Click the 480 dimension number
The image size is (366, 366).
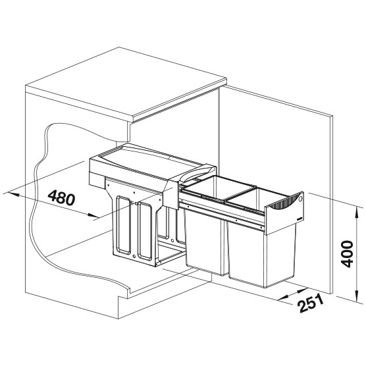point(62,197)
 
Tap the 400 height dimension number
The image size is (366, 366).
point(347,254)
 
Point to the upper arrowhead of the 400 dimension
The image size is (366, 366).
point(356,213)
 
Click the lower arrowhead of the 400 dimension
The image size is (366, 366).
point(356,296)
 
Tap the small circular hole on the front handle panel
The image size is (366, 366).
point(300,199)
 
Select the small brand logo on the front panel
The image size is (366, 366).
point(300,219)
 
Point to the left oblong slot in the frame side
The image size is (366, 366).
point(124,224)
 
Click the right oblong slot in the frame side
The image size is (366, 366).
point(145,230)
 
